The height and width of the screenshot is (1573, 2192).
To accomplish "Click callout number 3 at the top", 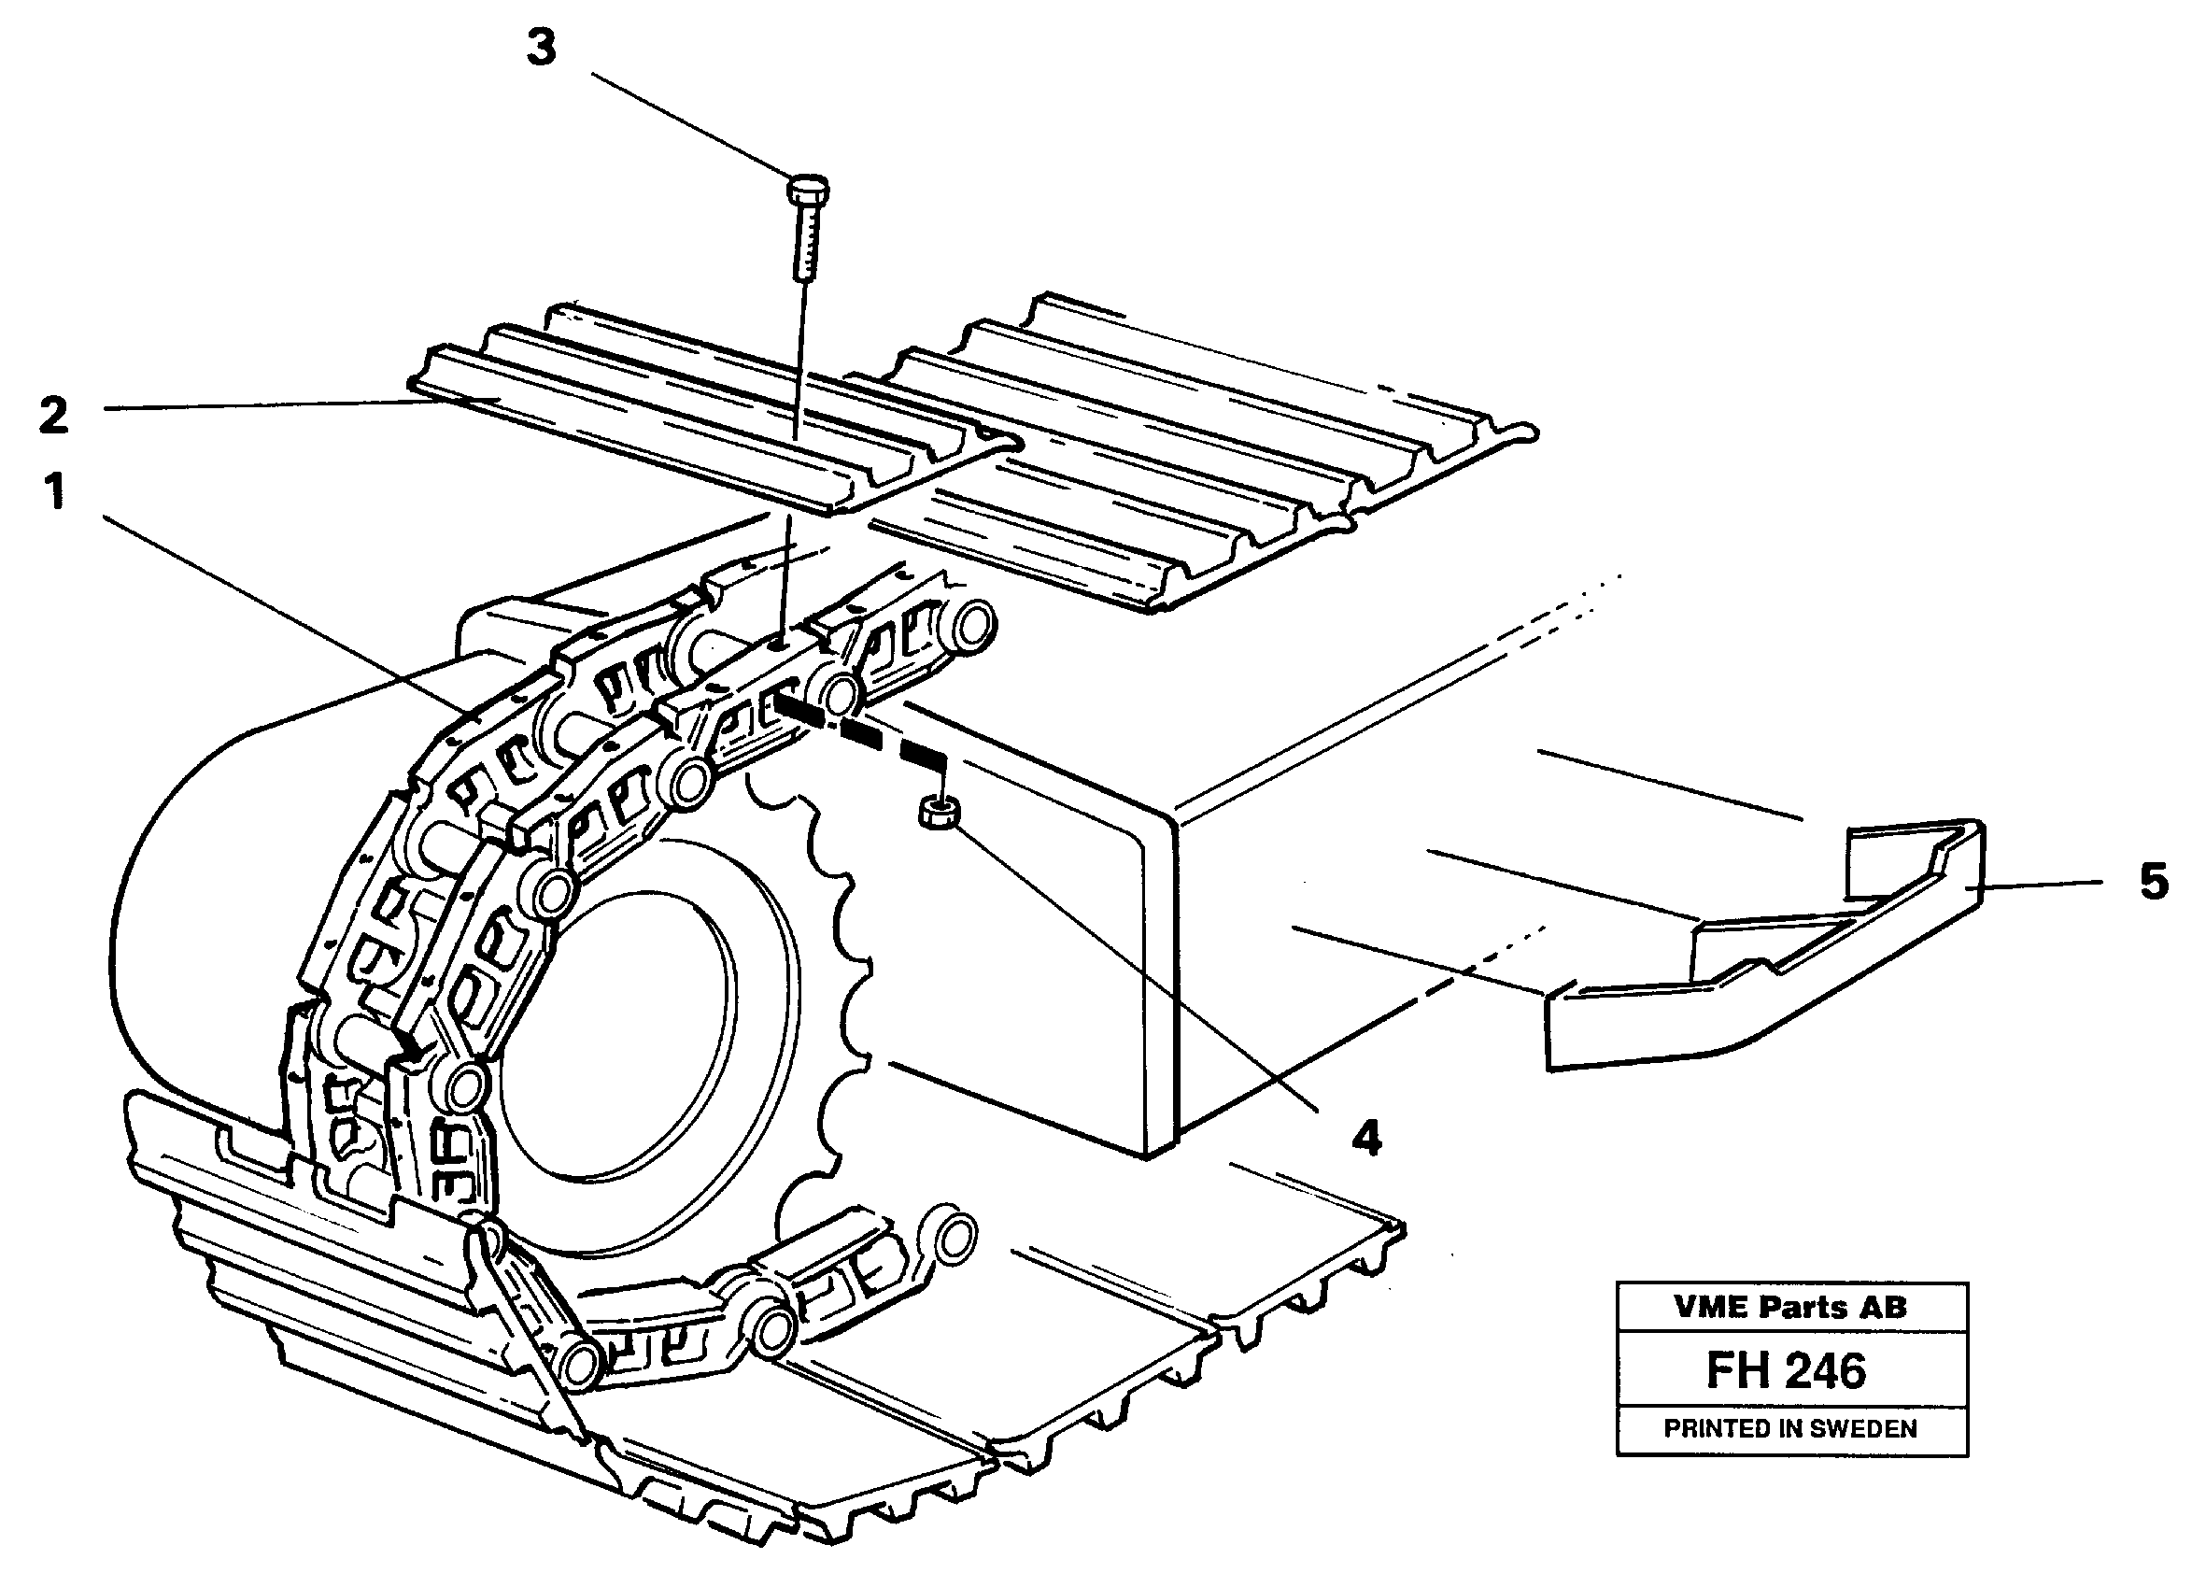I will pyautogui.click(x=542, y=49).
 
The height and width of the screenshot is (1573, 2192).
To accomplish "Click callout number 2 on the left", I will pyautogui.click(x=53, y=416).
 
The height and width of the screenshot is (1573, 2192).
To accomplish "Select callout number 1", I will pyautogui.click(x=55, y=491).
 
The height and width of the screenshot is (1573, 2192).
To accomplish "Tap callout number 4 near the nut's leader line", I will pyautogui.click(x=1365, y=1138).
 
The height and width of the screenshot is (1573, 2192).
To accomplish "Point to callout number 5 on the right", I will pyautogui.click(x=2154, y=882).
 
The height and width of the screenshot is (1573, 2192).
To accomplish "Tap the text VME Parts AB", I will pyautogui.click(x=1791, y=1307).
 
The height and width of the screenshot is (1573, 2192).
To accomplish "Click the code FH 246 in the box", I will pyautogui.click(x=1786, y=1371).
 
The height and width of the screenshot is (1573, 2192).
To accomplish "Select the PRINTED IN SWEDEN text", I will pyautogui.click(x=1790, y=1429).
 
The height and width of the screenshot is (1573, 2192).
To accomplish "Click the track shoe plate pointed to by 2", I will pyautogui.click(x=676, y=425).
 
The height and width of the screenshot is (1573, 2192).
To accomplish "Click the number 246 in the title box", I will pyautogui.click(x=1827, y=1371).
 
